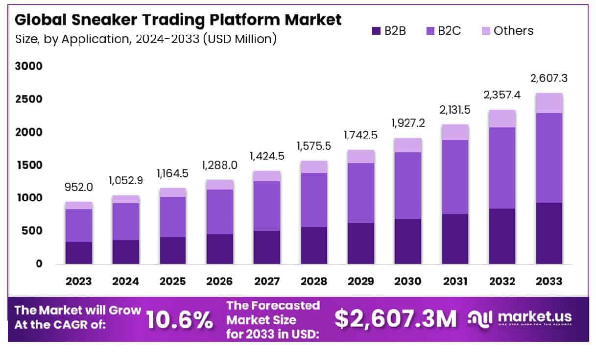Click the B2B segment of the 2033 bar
(549, 233)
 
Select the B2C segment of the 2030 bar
(408, 185)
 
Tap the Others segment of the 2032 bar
(502, 118)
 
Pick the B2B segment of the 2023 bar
(79, 253)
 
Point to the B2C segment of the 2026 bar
(220, 212)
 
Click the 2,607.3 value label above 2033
(549, 78)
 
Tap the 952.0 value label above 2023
(79, 187)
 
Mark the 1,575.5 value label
(314, 146)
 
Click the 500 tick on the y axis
(32, 231)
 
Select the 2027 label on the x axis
(267, 282)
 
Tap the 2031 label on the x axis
(455, 282)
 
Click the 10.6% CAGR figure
(180, 320)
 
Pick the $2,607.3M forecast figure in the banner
(395, 319)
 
